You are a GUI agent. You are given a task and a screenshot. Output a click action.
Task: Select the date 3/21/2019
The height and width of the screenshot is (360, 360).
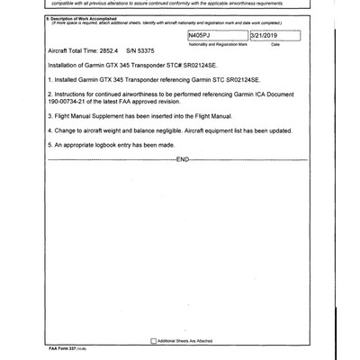265,33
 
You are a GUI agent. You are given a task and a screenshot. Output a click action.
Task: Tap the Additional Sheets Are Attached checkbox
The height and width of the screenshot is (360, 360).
153,340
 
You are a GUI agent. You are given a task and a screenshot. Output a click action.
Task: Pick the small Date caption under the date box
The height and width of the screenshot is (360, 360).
275,43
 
